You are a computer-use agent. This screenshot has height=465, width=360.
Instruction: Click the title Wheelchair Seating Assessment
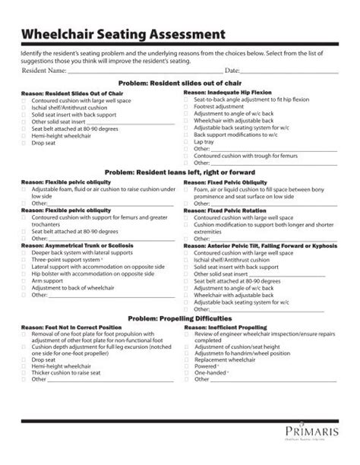tap(123, 34)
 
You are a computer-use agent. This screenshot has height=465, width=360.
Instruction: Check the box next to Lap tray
tap(187, 142)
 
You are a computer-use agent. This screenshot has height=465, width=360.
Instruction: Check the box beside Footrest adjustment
tap(187, 107)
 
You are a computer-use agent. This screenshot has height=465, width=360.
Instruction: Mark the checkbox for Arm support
tap(25, 280)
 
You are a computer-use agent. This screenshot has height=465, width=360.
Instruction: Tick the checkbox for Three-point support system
tap(25, 260)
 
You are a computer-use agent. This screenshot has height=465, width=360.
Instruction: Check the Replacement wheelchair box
tap(187, 358)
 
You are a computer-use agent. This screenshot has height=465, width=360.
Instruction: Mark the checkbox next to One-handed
tap(187, 372)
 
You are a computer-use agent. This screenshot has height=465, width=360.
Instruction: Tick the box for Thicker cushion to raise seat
tap(25, 372)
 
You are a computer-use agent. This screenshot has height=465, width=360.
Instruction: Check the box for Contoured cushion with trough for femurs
tap(187, 155)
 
